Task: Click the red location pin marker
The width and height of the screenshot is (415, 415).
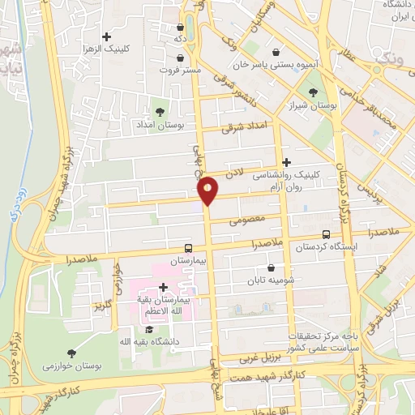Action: [x=208, y=190]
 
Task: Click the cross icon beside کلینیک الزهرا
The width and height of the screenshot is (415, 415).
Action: [x=107, y=36]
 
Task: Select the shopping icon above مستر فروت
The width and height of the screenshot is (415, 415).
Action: [x=181, y=58]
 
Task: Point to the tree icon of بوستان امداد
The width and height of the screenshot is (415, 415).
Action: [x=160, y=112]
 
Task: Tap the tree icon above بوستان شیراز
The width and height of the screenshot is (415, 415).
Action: [x=313, y=92]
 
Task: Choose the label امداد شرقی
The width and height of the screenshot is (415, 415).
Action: [x=247, y=128]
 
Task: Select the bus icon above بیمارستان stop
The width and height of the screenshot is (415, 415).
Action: [x=188, y=248]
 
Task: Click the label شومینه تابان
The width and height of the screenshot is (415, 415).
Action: [x=270, y=280]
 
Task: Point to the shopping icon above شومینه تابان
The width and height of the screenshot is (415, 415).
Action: [x=271, y=267]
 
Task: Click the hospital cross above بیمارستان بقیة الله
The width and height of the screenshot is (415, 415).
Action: [x=164, y=288]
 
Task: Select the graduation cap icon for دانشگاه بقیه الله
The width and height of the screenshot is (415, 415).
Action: [x=148, y=329]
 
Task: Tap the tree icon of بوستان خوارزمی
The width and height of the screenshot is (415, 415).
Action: [x=71, y=353]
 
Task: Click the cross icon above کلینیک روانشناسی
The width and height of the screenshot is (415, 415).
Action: [x=285, y=161]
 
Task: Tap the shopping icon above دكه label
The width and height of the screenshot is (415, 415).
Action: [x=180, y=27]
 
